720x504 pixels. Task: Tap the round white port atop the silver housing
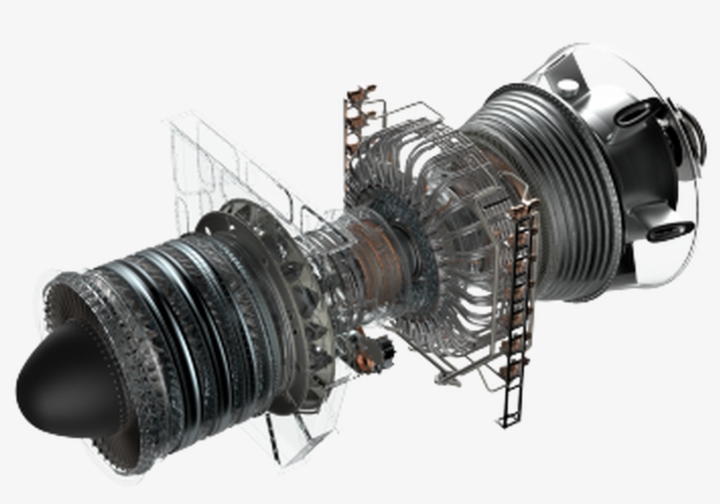point(568,87)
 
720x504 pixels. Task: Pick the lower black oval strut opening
point(671,230)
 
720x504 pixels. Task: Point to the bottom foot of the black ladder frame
point(507,420)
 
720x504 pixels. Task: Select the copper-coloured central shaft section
point(378,255)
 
